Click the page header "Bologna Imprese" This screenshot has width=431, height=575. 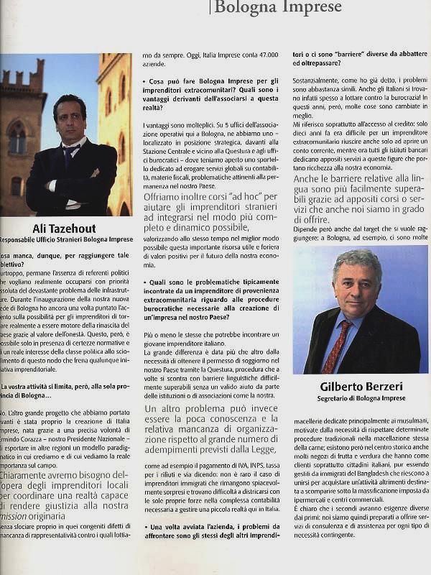point(278,8)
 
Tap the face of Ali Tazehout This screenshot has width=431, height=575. point(70,119)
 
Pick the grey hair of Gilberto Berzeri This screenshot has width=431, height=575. point(357,259)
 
